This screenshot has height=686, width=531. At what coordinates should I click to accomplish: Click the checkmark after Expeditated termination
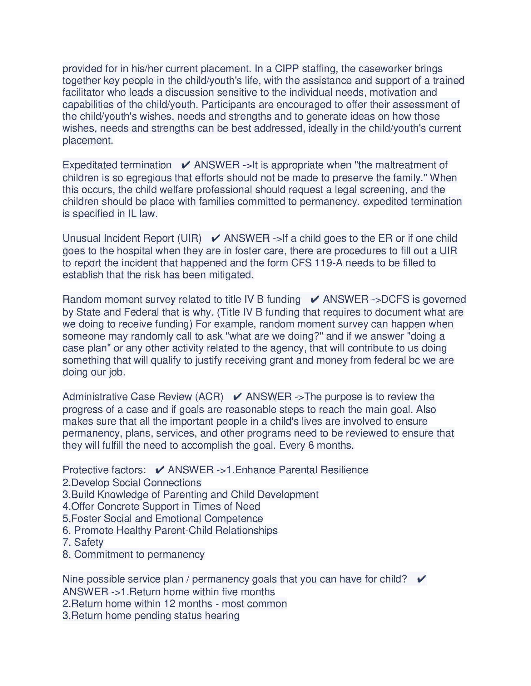(186, 165)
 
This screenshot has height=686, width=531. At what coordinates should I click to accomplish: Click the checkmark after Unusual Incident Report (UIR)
(216, 239)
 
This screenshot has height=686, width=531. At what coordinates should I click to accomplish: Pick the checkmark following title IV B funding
(315, 300)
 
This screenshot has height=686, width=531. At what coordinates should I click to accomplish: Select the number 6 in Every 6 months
(311, 445)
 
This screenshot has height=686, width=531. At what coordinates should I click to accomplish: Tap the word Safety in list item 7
(89, 543)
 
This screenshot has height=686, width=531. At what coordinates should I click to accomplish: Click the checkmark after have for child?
(421, 579)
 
